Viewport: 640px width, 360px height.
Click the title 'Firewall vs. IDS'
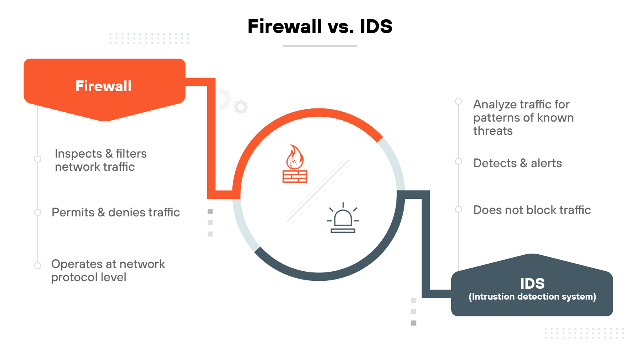coord(320,27)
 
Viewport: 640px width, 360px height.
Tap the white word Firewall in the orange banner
coord(104,86)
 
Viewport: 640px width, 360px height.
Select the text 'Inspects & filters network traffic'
coord(100,160)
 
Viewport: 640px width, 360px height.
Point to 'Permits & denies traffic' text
coord(116,212)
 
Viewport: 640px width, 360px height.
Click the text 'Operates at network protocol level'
coord(108,270)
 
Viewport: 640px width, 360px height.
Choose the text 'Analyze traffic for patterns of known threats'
coord(523,118)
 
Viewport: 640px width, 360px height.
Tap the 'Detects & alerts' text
coord(517,163)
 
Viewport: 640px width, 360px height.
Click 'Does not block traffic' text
coord(532,210)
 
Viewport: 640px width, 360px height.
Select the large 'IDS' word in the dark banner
coord(532,284)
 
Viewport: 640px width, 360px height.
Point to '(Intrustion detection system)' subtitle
coord(532,297)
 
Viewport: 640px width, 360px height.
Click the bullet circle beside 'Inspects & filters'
coord(38,159)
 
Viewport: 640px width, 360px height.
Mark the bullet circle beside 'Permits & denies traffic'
coord(38,212)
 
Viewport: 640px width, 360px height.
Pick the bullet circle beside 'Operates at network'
coord(38,266)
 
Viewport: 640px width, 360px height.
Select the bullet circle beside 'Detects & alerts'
coord(458,162)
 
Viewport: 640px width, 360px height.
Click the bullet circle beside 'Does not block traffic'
coord(458,210)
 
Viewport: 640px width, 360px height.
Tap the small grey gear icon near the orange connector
coord(241,107)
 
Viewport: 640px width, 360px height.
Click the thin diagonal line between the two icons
coord(318,191)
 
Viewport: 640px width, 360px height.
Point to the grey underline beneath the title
coord(320,46)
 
